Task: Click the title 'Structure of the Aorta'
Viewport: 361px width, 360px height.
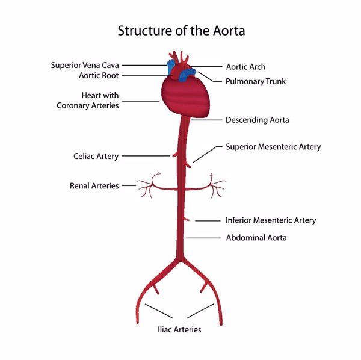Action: [181, 30]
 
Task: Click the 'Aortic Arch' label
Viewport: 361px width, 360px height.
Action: [245, 67]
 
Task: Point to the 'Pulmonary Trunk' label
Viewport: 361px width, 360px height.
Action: [255, 81]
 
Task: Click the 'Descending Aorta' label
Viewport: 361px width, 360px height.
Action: [257, 120]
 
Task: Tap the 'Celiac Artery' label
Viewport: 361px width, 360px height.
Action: [96, 157]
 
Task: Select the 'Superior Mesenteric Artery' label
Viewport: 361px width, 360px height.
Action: [273, 147]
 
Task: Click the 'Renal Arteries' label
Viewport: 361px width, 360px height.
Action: [94, 186]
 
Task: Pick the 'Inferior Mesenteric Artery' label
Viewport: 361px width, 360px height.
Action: [271, 220]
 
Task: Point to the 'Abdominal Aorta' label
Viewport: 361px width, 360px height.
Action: [256, 238]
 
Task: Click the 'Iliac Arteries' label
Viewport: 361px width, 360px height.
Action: [179, 329]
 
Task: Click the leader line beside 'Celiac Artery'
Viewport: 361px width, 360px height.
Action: [146, 157]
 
